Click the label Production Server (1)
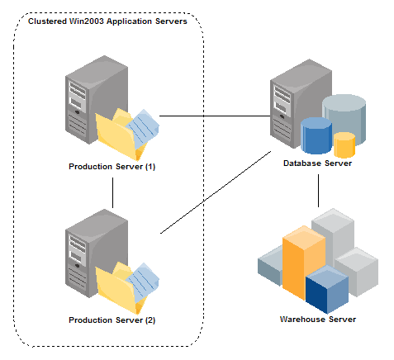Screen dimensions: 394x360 pos(112,167)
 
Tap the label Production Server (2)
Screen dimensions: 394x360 pos(112,320)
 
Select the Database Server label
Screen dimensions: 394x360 pos(317,163)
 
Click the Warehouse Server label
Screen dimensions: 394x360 pos(318,320)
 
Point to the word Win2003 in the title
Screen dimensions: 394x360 pos(86,21)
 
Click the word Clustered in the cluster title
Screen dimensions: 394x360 pos(47,21)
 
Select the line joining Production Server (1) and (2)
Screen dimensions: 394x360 pos(112,192)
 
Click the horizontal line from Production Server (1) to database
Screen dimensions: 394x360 pos(215,116)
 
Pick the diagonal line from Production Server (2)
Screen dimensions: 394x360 pos(216,192)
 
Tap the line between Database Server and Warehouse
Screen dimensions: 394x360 pos(318,191)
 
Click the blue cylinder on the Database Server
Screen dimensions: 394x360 pos(316,135)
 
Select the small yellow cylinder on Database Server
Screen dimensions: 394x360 pos(344,144)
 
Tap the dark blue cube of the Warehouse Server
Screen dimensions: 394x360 pos(327,289)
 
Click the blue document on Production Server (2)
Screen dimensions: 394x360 pos(142,280)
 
